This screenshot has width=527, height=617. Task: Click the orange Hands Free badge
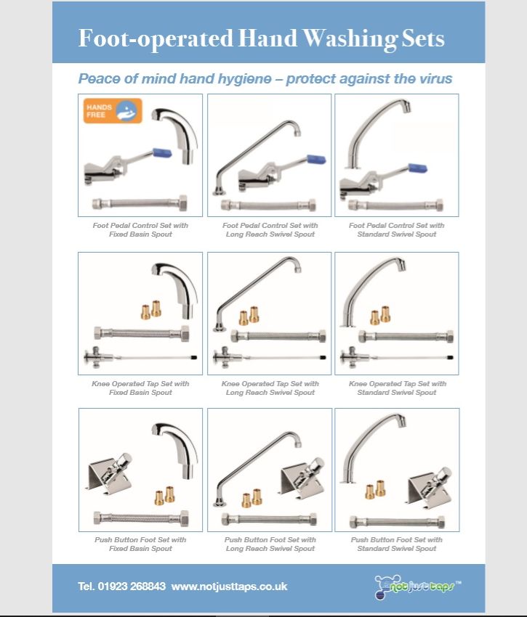(x=112, y=111)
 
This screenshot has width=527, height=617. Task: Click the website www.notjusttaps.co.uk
(x=230, y=586)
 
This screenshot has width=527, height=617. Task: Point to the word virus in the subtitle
(x=434, y=78)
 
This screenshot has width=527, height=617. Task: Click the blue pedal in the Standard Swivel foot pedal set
(x=417, y=168)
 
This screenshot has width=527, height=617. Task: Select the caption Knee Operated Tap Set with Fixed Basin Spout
(x=141, y=388)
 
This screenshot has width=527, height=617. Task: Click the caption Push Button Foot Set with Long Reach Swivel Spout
(x=270, y=544)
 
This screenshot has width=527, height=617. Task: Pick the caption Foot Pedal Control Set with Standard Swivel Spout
(x=396, y=229)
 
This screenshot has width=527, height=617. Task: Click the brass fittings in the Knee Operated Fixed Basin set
(x=152, y=310)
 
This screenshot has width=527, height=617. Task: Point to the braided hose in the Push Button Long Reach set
(x=270, y=519)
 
